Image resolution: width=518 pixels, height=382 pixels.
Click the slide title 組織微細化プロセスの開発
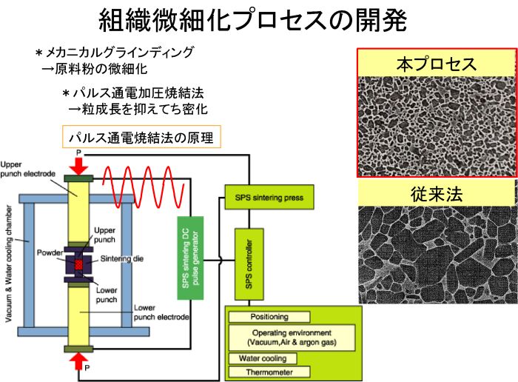point(253,21)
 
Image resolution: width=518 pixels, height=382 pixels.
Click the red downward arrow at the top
point(78,167)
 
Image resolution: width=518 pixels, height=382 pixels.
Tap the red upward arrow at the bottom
point(78,361)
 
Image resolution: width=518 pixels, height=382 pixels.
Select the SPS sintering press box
point(269,197)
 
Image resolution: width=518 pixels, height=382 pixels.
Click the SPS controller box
point(249,264)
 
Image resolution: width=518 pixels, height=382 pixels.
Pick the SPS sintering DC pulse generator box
point(190,258)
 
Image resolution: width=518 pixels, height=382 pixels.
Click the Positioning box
point(269,317)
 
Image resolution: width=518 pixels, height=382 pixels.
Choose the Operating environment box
point(292,338)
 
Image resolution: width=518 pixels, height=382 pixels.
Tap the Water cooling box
point(263,358)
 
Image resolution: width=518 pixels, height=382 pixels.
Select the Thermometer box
point(269,372)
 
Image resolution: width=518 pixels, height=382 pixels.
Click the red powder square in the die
point(78,264)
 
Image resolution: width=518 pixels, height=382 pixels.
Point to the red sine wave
point(143,187)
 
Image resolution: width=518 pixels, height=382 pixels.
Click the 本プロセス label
point(437,64)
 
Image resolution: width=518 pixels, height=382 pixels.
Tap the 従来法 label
point(437,194)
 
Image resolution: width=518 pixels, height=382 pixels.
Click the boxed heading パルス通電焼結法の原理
point(141,137)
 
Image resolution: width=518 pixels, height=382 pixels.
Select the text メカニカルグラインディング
point(119,53)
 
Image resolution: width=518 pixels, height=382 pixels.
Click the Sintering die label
point(122,259)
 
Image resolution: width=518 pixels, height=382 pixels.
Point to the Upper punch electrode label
point(28,169)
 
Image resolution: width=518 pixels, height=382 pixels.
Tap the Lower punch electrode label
point(161,312)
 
